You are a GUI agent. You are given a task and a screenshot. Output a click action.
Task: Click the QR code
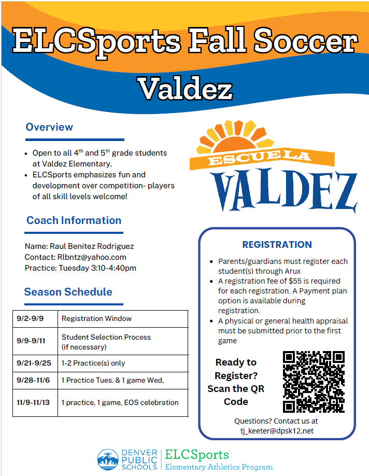point(314,382)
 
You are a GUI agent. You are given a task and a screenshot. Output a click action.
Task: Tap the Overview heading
point(49,127)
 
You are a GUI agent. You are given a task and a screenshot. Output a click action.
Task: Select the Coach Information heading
point(74,220)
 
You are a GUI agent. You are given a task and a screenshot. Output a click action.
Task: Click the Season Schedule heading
point(68,292)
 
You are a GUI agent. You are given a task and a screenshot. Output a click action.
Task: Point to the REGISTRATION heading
point(277,244)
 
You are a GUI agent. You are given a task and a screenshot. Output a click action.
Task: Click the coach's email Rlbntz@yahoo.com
point(92,257)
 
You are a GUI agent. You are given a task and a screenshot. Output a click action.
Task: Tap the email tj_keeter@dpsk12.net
point(277,431)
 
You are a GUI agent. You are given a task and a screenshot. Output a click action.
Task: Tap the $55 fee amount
point(295,281)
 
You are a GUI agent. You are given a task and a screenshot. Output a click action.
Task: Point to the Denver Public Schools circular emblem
point(108,459)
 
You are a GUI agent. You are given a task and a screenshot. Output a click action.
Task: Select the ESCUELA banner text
point(260,157)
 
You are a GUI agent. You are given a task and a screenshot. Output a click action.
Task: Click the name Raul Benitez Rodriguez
point(92,246)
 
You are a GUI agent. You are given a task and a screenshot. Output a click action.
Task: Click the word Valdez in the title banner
point(186,88)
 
